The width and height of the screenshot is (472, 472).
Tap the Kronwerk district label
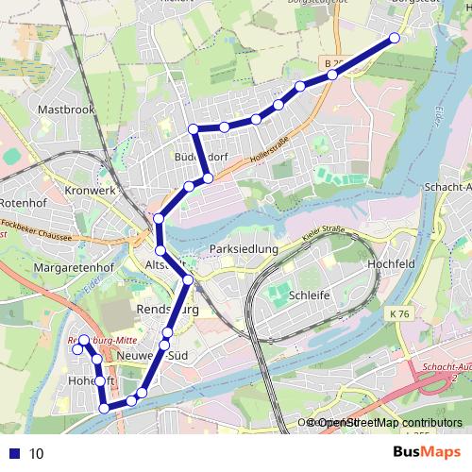point(90,190)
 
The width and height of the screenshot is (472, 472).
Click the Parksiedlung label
point(244,249)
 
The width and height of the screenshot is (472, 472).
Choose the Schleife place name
point(309,295)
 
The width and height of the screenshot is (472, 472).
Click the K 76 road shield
point(398,312)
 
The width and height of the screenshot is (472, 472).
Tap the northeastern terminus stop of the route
point(395,38)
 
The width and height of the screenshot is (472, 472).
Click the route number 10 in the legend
point(37,453)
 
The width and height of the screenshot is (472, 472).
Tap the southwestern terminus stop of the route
point(78,350)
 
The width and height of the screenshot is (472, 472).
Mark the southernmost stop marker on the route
point(104,409)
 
